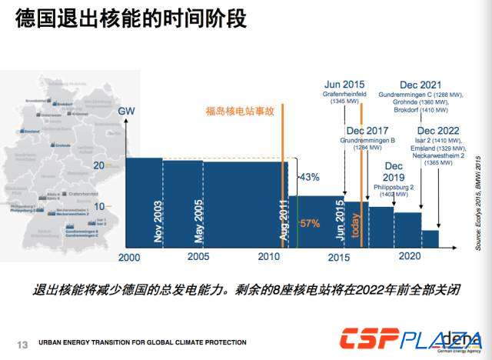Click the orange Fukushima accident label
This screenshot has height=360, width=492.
click(x=240, y=111)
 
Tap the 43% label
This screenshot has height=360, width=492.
click(x=309, y=178)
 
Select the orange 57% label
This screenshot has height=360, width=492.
click(x=309, y=224)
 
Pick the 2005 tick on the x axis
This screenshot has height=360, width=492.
click(x=198, y=256)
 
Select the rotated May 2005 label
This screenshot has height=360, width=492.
click(x=199, y=220)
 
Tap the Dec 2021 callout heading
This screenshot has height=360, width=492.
click(x=420, y=84)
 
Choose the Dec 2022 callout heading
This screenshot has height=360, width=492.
click(x=437, y=131)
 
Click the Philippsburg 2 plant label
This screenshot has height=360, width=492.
click(x=394, y=187)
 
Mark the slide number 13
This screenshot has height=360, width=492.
click(x=22, y=343)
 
